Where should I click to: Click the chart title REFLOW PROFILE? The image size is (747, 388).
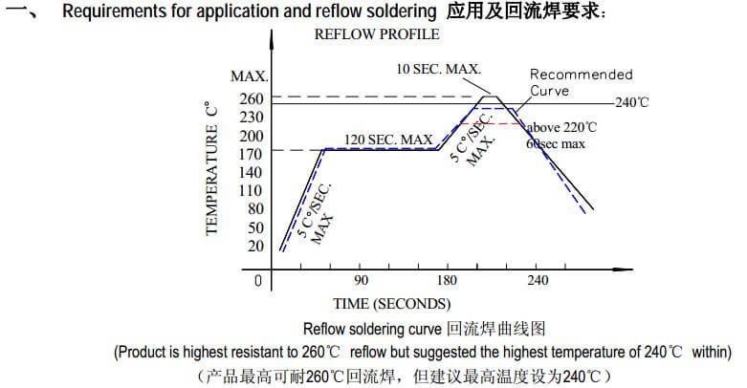[377, 34]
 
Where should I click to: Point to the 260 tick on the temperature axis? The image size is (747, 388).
[252, 97]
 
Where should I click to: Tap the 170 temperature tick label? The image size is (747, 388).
[252, 153]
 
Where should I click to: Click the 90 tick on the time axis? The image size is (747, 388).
[360, 281]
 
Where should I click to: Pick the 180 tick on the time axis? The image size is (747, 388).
[447, 281]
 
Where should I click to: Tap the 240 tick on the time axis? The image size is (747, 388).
[538, 281]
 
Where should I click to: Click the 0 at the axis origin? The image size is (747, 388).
[257, 281]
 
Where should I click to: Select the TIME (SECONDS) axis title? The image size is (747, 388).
[391, 305]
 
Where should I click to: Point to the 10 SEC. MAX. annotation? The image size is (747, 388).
[438, 69]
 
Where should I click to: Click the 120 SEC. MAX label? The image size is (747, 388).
[388, 140]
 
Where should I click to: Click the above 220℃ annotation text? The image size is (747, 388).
[561, 127]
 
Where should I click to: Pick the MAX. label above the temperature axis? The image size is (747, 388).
[249, 76]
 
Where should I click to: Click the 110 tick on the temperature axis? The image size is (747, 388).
[252, 189]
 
